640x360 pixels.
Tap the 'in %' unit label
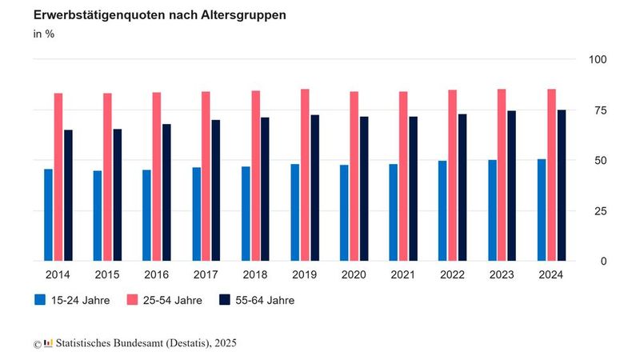pos(44,34)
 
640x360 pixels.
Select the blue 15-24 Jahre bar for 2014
pos(48,214)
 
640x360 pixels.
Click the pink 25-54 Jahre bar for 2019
pos(305,174)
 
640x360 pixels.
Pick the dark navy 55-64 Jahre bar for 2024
pos(562,185)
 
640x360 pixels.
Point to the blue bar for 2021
pos(394,212)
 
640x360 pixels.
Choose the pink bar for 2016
pos(157,176)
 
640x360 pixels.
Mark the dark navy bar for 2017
pos(216,190)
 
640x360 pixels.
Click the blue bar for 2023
pos(492,210)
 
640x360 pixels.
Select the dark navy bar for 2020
pos(364,189)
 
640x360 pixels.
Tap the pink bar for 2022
pos(453,175)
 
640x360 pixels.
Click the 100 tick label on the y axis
pos(599,59)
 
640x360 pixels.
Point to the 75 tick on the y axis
pos(599,110)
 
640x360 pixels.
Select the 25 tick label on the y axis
pos(599,210)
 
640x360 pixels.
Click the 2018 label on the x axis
pos(255,274)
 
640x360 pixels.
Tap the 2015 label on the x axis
pos(107,274)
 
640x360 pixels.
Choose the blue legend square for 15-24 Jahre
pos(40,300)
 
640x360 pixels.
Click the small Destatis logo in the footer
pos(49,343)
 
